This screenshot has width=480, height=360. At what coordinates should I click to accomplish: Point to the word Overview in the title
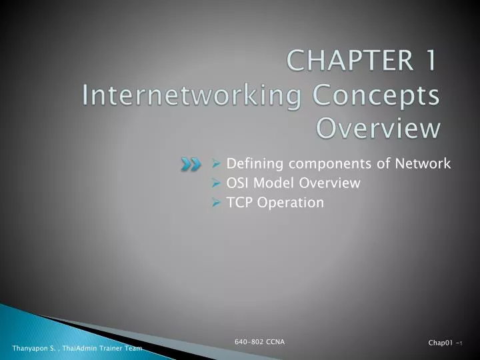click(378, 127)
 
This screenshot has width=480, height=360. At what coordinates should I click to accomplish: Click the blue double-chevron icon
click(190, 165)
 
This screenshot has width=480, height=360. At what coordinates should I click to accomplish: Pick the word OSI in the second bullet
click(238, 183)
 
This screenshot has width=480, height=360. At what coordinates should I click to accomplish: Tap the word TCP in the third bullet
click(239, 202)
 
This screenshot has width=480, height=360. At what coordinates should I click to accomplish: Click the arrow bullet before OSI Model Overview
click(217, 183)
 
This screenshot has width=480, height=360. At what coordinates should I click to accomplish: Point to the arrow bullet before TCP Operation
click(217, 202)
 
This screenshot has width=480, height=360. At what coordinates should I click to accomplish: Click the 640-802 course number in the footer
click(248, 342)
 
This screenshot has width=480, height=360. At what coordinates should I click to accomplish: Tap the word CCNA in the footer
click(274, 342)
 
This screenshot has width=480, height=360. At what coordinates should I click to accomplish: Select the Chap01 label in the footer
click(440, 343)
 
